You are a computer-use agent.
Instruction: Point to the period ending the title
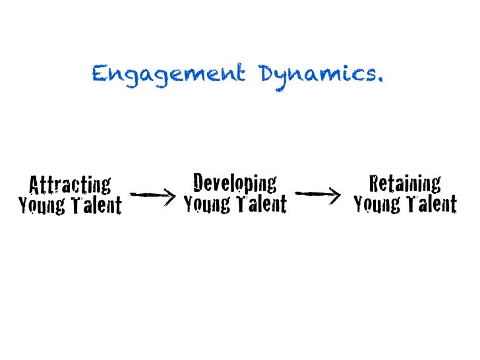(379, 81)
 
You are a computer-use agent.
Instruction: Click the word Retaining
(405, 183)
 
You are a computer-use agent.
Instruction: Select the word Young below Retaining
(376, 204)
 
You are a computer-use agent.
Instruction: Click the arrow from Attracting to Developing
(152, 195)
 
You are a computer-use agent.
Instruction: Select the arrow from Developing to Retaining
(317, 194)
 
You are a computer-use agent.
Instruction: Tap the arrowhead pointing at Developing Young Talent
(171, 195)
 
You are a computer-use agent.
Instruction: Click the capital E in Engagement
(100, 74)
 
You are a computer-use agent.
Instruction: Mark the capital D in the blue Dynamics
(269, 74)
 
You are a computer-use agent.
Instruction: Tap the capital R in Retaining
(375, 183)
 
